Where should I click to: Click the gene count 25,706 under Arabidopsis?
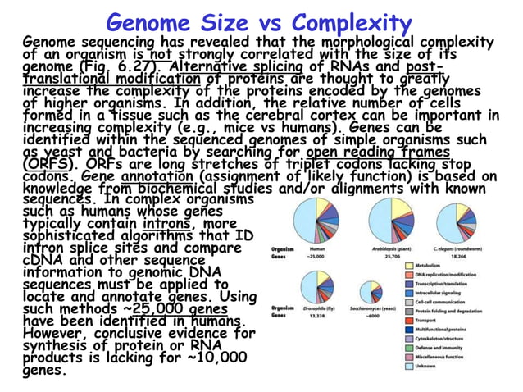pos(378,256)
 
